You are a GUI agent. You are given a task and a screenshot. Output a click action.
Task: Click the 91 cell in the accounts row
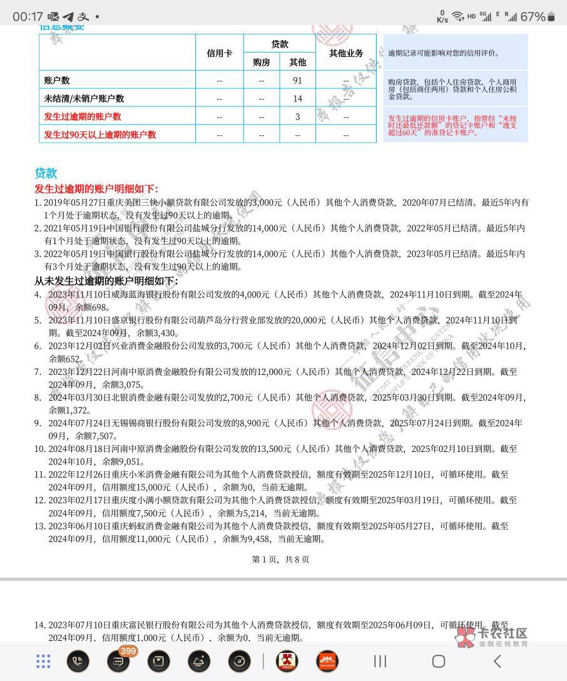(297, 80)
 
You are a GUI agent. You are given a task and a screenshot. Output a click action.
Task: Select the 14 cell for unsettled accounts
(297, 98)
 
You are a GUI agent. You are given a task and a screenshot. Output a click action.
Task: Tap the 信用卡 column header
(219, 53)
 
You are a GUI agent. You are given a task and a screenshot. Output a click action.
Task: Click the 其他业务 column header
(346, 53)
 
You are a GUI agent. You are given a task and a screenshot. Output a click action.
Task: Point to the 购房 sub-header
(262, 62)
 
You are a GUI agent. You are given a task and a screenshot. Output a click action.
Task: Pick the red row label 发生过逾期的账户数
(83, 116)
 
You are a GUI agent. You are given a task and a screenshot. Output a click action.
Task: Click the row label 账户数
(57, 80)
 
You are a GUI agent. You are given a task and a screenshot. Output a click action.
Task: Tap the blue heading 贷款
(46, 173)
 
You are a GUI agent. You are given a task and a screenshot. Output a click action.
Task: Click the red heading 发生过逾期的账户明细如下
(96, 189)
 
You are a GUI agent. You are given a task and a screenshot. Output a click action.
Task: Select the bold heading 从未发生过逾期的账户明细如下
(106, 281)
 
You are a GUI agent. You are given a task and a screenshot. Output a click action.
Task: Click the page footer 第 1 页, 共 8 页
(280, 559)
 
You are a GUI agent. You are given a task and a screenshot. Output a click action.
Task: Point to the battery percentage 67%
(532, 16)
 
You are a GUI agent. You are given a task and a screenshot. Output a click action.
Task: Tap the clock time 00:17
(28, 16)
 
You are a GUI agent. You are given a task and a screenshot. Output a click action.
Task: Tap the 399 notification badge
(128, 652)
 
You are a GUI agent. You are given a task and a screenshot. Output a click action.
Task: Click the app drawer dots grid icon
(43, 661)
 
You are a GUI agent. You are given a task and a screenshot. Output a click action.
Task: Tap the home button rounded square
(439, 661)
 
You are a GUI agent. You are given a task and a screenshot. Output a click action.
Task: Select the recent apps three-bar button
(380, 661)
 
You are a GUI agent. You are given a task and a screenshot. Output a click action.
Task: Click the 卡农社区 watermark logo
(493, 637)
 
